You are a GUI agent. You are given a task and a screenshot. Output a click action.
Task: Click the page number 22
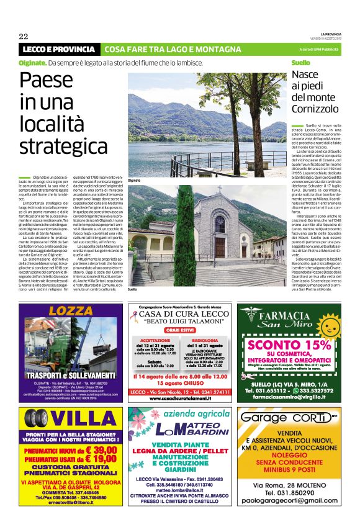click(24, 35)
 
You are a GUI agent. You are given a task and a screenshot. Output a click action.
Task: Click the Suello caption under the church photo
click(132, 289)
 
